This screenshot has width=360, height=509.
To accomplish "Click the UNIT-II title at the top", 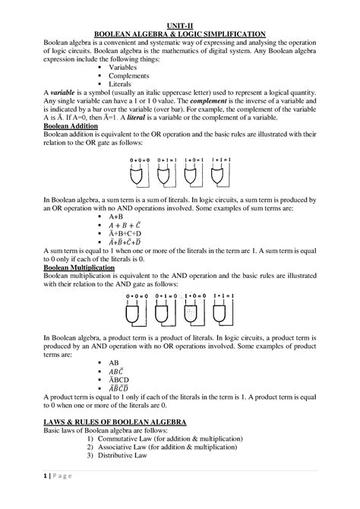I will [x=179, y=24].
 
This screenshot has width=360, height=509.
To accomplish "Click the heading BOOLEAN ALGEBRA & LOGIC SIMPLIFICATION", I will [x=179, y=33].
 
